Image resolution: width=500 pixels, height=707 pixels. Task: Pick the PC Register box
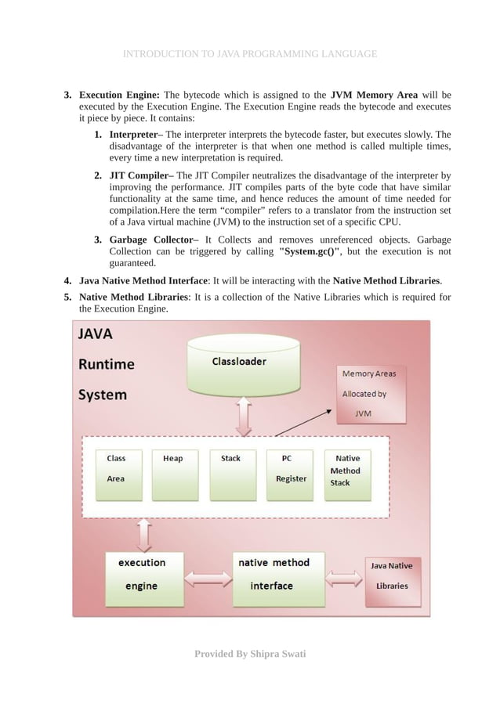(x=290, y=474)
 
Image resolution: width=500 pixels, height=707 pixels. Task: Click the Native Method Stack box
(x=346, y=474)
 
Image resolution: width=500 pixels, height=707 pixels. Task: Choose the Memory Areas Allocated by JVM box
(x=369, y=394)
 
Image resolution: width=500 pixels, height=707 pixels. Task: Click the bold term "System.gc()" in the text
(x=310, y=252)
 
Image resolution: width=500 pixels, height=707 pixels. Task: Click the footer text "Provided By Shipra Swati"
(x=250, y=653)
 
